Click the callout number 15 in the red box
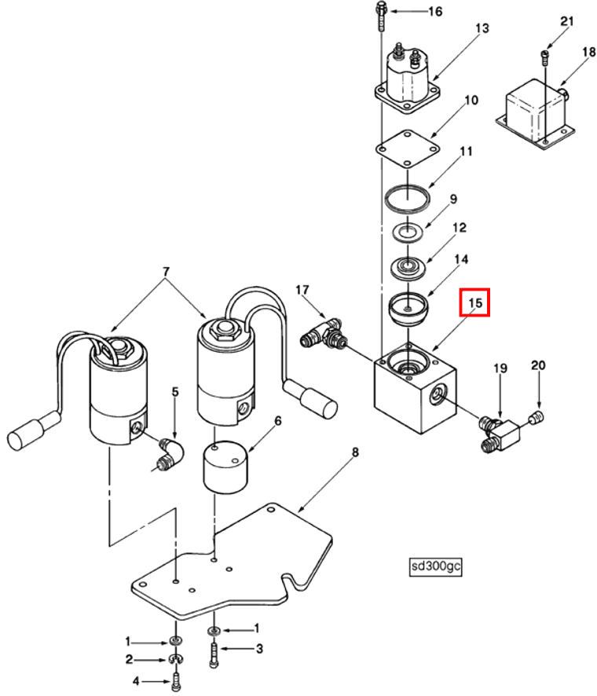(x=474, y=302)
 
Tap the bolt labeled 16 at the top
(x=381, y=15)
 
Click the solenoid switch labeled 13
(x=407, y=76)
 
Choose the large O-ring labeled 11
(x=407, y=194)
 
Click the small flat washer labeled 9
(x=406, y=233)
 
